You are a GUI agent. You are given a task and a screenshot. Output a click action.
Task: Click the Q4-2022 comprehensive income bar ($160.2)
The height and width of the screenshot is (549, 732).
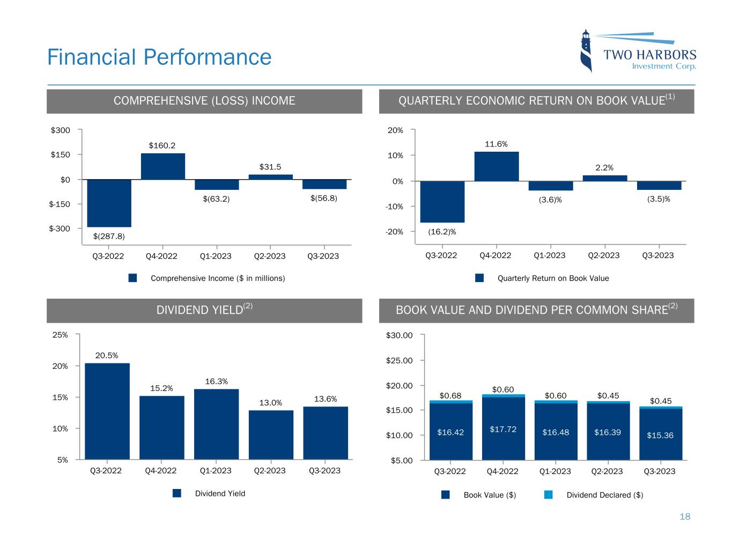coord(163,166)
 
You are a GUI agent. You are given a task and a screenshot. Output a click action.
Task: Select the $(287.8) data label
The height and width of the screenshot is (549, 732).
coord(109,236)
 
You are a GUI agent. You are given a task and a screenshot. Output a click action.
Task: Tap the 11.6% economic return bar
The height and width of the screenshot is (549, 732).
coord(496,167)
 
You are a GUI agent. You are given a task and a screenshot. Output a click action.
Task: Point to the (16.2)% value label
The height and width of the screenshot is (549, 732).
coord(442,232)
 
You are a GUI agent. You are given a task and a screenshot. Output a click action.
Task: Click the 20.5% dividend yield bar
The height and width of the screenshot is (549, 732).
coord(107,411)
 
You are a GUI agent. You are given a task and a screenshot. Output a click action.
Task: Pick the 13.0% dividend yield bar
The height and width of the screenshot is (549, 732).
coord(271,435)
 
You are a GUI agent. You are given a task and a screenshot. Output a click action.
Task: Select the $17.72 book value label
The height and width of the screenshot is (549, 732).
coord(503,429)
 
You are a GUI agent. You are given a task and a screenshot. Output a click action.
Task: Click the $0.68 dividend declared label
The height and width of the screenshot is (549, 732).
coord(450,396)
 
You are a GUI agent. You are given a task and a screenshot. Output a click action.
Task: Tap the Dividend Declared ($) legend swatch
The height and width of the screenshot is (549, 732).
coord(548,495)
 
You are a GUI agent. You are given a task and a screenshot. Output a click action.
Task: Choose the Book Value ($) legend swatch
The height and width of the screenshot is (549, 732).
coord(446,495)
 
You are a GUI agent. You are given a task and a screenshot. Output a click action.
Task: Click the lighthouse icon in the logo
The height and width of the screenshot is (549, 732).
coord(587,51)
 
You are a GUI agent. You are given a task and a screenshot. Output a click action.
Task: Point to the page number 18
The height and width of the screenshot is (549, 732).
coord(685,517)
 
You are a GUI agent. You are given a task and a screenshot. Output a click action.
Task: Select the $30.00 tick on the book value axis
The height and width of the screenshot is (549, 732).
coord(400,336)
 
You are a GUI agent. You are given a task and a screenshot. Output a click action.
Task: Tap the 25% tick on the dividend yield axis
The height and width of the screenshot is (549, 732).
coord(61,335)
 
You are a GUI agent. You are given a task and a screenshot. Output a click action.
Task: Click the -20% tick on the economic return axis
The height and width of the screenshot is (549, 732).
coord(395,232)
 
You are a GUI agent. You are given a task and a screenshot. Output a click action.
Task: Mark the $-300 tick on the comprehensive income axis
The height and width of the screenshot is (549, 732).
coord(60,229)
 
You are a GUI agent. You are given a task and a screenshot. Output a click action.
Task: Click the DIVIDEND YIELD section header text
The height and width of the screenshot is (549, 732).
coord(199,310)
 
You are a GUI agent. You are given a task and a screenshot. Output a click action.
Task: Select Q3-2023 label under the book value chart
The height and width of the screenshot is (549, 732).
coord(659,471)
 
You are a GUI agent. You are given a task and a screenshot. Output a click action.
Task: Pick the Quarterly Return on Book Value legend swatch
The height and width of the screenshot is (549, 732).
coord(479,278)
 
